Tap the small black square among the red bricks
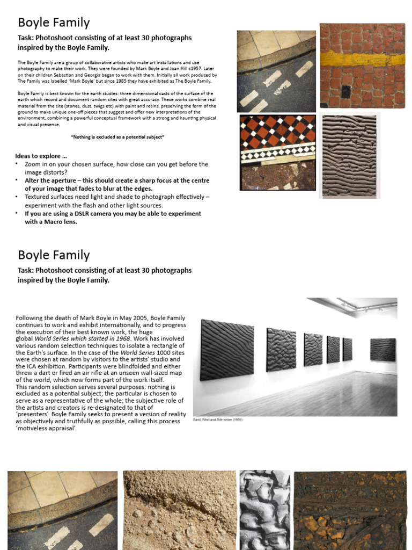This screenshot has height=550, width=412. point(346,92)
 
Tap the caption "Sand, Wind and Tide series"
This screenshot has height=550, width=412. point(217,419)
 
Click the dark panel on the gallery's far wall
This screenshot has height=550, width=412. point(382,349)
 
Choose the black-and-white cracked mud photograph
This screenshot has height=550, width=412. point(264,510)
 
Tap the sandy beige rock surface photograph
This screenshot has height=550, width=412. point(179,510)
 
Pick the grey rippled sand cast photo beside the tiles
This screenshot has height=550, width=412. point(349,155)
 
